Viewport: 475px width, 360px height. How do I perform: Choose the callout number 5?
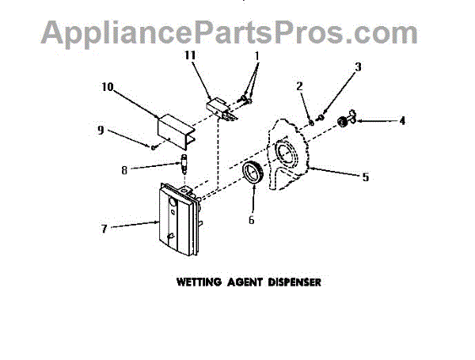pos(365,176)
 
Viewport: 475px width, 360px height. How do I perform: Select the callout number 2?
pos(299,85)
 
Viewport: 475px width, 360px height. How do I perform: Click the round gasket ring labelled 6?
pos(253,174)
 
